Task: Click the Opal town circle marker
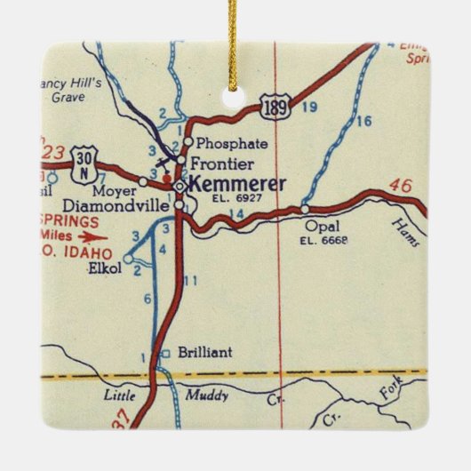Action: (x=305, y=210)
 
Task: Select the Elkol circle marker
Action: (x=128, y=259)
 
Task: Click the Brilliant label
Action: (x=204, y=352)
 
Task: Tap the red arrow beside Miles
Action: (x=92, y=237)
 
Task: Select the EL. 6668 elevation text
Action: (x=323, y=240)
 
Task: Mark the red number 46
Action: (x=401, y=186)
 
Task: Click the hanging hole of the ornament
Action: (x=235, y=95)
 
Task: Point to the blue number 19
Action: (x=308, y=108)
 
